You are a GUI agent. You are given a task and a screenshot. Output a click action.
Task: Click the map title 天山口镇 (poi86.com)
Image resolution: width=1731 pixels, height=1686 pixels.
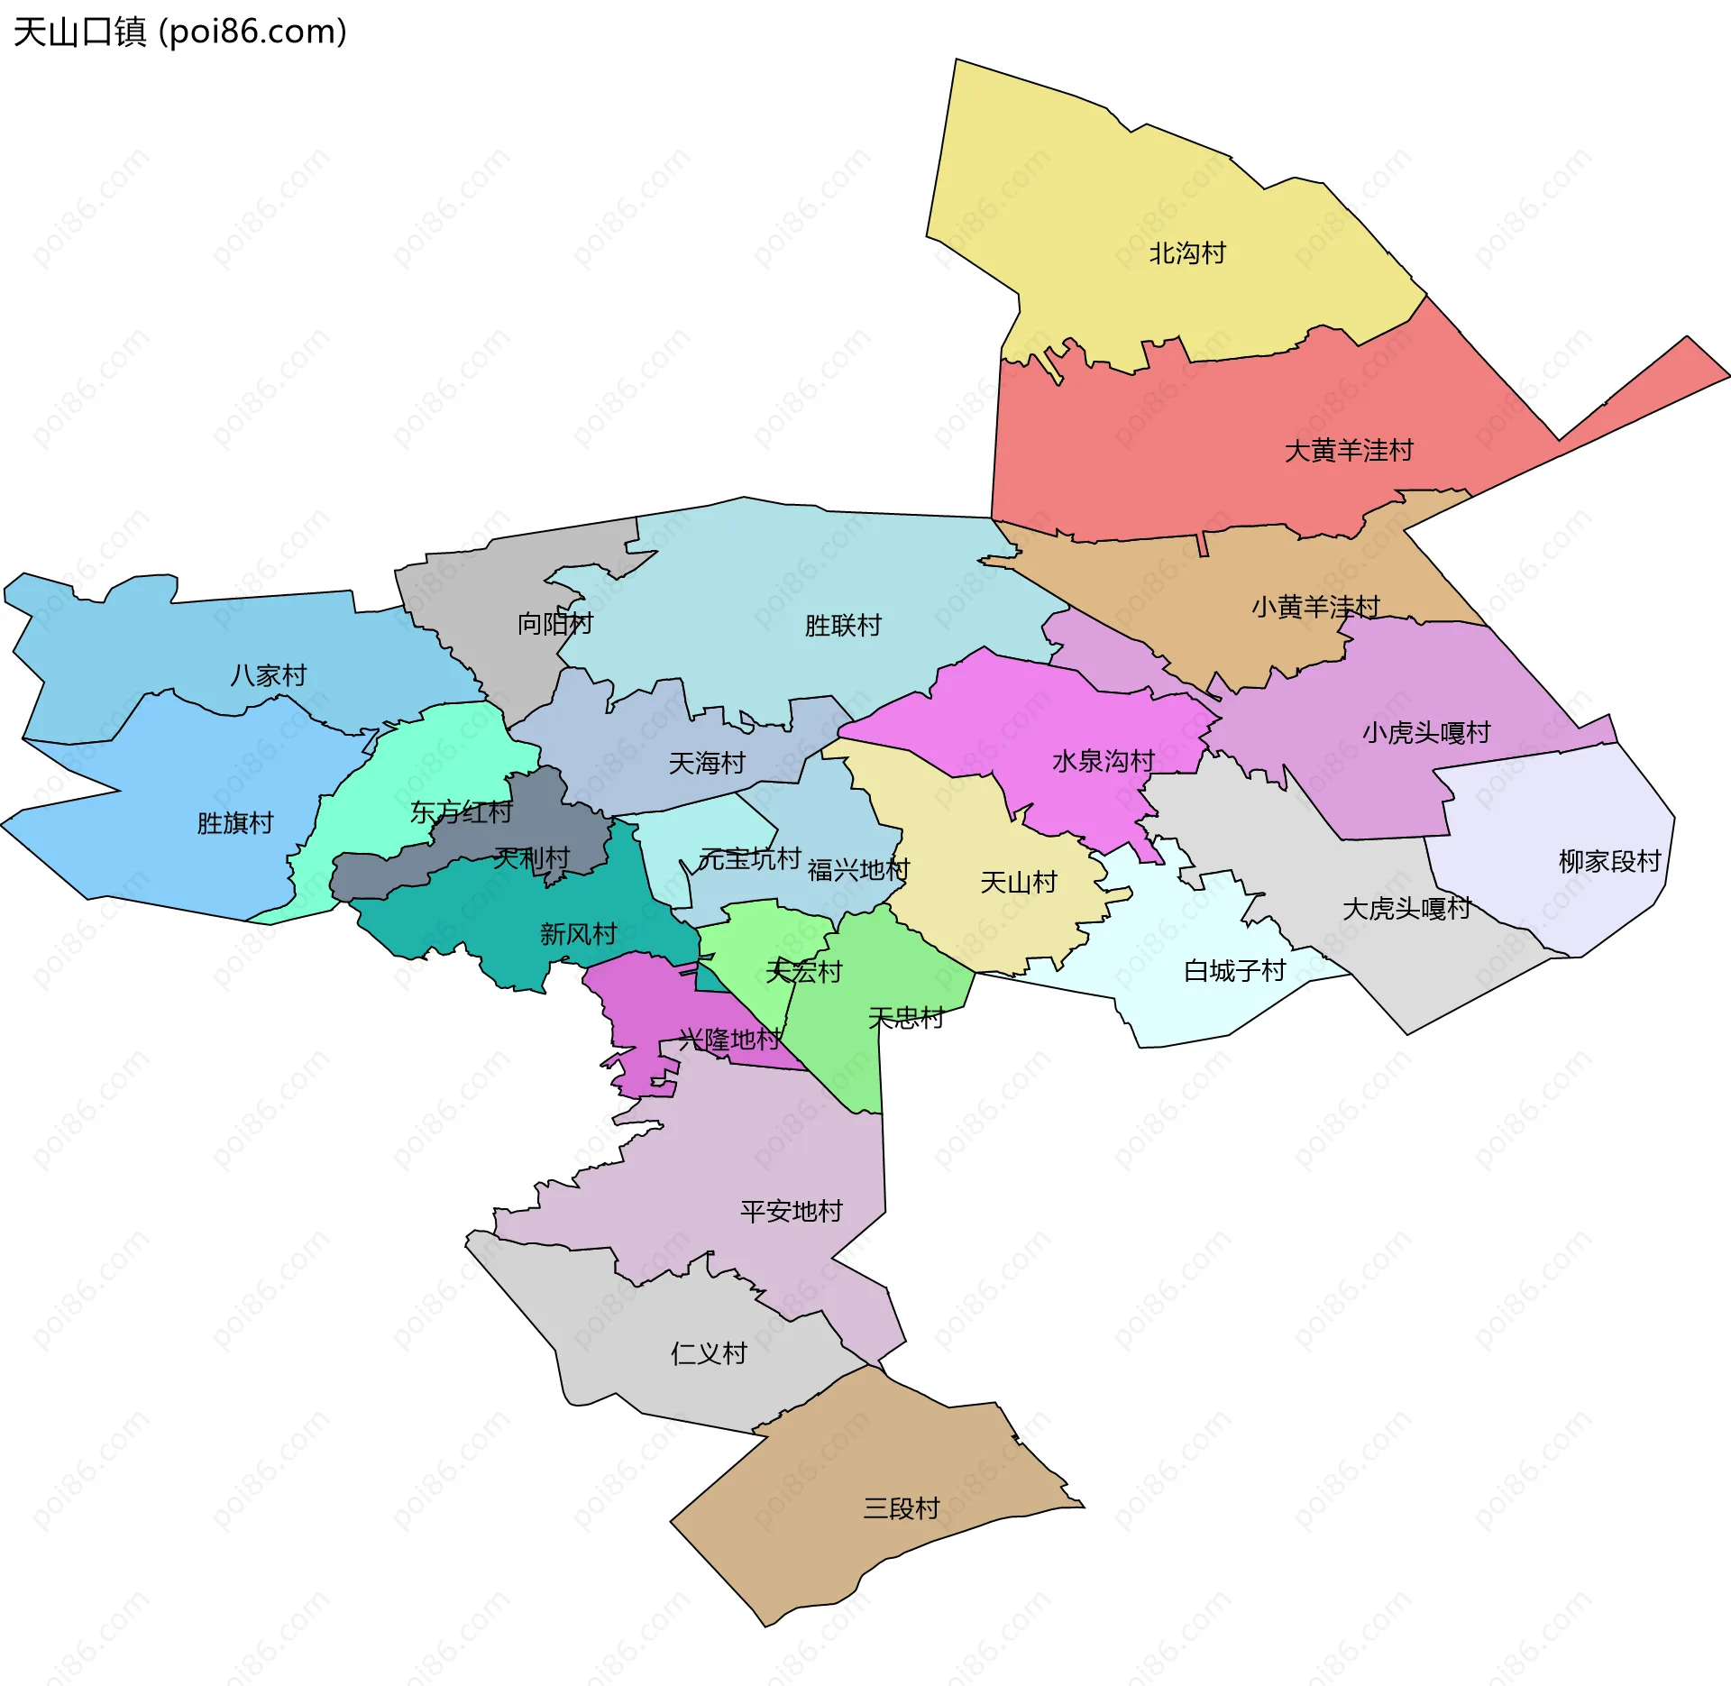pos(179,32)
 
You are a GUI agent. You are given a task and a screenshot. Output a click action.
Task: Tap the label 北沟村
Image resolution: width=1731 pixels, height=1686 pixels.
pos(1186,253)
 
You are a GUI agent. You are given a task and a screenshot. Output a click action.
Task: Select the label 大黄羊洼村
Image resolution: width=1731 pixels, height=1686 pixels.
pos(1348,450)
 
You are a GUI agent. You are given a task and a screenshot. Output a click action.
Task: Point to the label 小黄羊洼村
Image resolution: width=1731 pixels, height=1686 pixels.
pos(1315,607)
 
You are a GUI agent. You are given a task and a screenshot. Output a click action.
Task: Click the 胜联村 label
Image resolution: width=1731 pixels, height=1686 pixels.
pos(842,625)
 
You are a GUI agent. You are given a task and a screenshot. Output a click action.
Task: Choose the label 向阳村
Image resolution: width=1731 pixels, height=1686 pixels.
pos(554,623)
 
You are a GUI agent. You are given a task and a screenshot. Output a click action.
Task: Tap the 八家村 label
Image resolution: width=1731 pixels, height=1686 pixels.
pos(268,675)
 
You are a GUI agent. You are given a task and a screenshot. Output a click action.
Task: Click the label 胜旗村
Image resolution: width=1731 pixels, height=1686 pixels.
pos(234,823)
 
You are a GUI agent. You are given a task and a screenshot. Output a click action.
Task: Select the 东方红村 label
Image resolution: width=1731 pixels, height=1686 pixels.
pos(461,812)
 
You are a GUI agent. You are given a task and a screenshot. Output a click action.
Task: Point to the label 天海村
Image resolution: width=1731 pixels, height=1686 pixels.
pos(706,764)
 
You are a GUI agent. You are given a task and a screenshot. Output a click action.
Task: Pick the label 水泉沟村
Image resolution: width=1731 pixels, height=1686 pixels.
pos(1103,761)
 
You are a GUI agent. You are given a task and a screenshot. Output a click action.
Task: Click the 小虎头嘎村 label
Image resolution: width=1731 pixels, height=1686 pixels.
pos(1425,732)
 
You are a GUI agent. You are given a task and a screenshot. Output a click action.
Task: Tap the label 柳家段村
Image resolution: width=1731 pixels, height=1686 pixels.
pos(1608,861)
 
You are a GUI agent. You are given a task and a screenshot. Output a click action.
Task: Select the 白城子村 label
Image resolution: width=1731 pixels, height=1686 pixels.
pos(1233,971)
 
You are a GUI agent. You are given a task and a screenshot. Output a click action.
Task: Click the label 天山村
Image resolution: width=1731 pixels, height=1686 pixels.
pos(1018,882)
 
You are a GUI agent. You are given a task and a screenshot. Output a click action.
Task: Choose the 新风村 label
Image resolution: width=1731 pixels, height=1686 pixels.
pos(578,933)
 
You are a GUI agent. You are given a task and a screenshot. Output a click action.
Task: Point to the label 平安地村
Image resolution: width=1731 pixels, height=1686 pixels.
pos(791,1211)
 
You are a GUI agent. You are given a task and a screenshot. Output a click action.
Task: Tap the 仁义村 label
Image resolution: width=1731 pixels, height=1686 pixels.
pos(709,1352)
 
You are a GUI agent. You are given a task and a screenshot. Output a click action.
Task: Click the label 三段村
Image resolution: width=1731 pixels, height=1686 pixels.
pos(901,1507)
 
